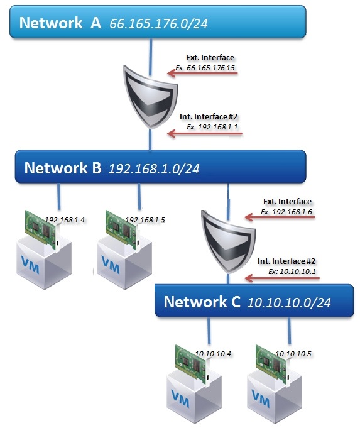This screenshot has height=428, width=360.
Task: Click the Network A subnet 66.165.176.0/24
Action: pos(158,23)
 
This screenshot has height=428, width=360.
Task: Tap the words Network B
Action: pos(63,168)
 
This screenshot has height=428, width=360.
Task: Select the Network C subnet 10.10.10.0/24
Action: pos(289,302)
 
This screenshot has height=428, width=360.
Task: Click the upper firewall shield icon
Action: pos(150,97)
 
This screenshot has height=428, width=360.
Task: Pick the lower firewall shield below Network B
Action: pos(228,241)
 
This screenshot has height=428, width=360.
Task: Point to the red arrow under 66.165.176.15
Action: pos(202,73)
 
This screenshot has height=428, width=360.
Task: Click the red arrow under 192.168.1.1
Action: pos(204,133)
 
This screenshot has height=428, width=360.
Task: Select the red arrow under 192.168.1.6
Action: pos(280,217)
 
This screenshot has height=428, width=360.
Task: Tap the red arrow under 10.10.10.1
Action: pos(282,278)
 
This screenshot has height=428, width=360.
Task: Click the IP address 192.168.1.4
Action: pos(65,220)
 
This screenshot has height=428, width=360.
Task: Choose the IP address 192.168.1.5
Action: pos(145,220)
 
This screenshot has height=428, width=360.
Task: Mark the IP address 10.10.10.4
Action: pos(213,354)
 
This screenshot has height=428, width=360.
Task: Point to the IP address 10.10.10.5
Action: pos(293,354)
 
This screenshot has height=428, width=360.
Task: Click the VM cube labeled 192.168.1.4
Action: pos(44,263)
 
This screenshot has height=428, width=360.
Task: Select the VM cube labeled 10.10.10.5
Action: pos(275,397)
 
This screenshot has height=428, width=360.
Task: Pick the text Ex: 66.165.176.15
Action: pos(205,68)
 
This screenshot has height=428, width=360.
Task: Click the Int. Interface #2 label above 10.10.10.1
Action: pos(286,261)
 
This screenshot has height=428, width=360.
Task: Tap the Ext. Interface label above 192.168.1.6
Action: pos(287,202)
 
